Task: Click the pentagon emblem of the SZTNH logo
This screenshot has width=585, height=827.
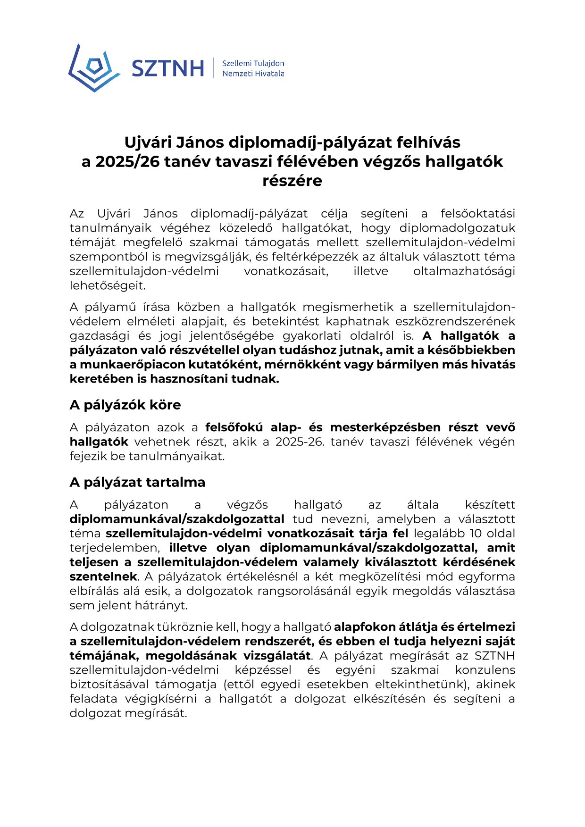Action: point(94,67)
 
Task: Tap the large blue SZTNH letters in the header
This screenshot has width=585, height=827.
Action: point(167,68)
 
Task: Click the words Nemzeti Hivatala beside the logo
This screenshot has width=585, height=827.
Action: point(253,74)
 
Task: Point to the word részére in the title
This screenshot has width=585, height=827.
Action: point(292,181)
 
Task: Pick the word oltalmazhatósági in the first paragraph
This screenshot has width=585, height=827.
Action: point(464,271)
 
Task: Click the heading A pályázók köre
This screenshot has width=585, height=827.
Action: point(125,405)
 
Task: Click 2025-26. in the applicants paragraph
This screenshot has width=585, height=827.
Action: point(300,442)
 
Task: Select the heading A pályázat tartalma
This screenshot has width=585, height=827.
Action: point(137,482)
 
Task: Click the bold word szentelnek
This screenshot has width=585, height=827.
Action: point(103,576)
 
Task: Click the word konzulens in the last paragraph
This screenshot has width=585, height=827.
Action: point(485,670)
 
